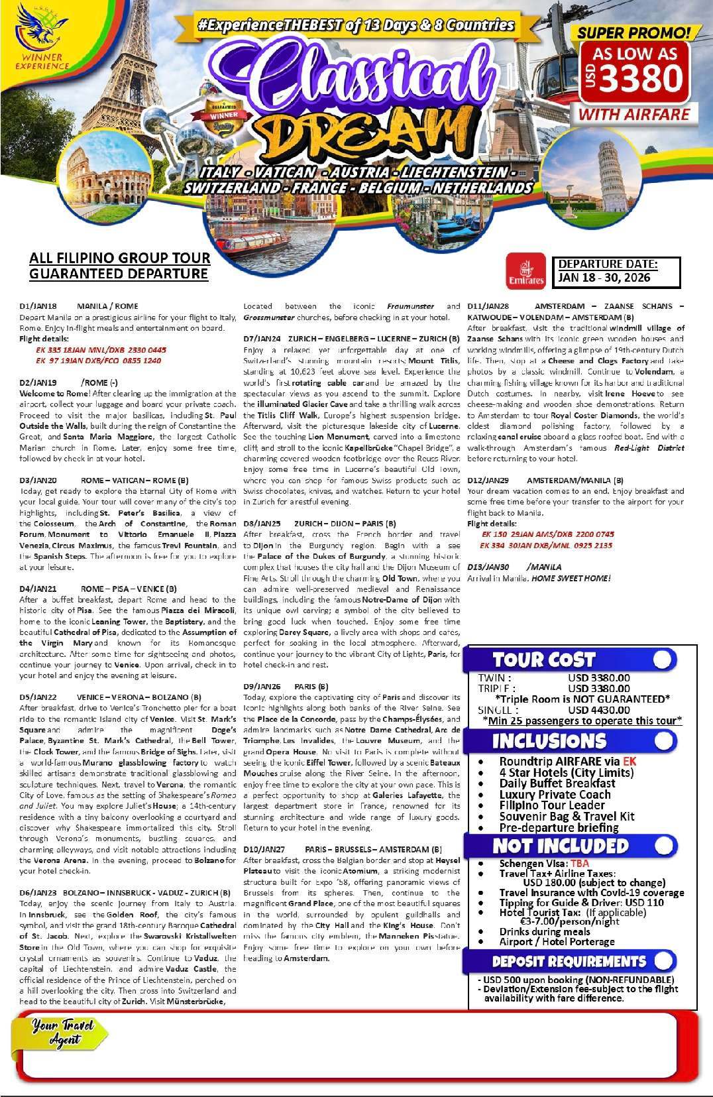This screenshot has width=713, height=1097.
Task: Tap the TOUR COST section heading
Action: pyautogui.click(x=543, y=660)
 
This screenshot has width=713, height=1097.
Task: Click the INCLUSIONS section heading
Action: pyautogui.click(x=549, y=740)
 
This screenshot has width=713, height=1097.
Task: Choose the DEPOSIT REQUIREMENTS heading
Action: pyautogui.click(x=569, y=961)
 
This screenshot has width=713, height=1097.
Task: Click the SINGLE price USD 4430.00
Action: pyautogui.click(x=599, y=710)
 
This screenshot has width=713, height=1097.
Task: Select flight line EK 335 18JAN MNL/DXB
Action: pyautogui.click(x=101, y=350)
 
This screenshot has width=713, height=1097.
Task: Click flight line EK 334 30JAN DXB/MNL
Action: pyautogui.click(x=547, y=546)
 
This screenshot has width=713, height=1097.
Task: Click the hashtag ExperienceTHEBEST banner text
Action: pyautogui.click(x=355, y=25)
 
